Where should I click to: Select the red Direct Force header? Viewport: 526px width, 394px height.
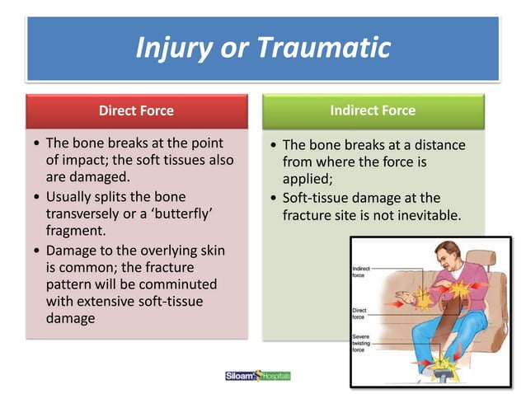tap(136, 110)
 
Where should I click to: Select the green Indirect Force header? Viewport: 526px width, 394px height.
tap(373, 110)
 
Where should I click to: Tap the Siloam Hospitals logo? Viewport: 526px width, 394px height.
tap(258, 376)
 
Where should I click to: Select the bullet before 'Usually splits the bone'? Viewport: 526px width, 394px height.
tap(35, 198)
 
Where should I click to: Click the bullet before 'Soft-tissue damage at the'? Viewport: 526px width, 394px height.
tap(272, 199)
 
